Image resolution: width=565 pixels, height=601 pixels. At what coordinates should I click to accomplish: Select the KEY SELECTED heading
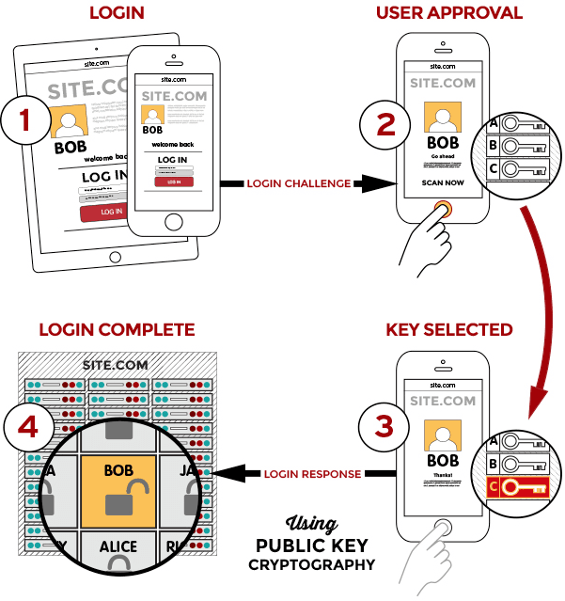pyautogui.click(x=449, y=330)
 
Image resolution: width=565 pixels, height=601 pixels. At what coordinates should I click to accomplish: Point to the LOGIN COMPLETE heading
pyautogui.click(x=117, y=330)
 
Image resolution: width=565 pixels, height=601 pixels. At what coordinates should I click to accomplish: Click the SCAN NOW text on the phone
pyautogui.click(x=442, y=182)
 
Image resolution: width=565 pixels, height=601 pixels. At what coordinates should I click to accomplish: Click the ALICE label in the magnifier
pyautogui.click(x=118, y=546)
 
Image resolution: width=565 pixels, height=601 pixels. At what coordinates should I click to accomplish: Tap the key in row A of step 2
pyautogui.click(x=522, y=123)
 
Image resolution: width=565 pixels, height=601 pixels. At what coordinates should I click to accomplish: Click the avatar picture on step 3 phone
pyautogui.click(x=443, y=431)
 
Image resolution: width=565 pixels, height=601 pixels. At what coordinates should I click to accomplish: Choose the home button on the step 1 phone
pyautogui.click(x=173, y=221)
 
